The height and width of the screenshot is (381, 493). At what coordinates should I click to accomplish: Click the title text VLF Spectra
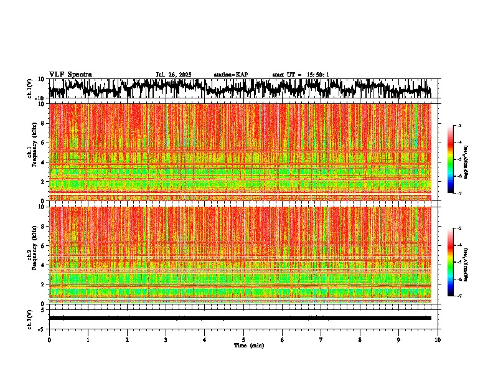[x=70, y=74]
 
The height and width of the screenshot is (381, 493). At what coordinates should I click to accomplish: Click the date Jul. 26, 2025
[x=174, y=75]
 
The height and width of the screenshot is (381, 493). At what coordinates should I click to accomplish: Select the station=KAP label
[x=230, y=75]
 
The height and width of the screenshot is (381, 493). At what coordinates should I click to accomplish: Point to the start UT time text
[x=301, y=75]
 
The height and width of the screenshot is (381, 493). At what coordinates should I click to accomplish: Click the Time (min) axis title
[x=248, y=345]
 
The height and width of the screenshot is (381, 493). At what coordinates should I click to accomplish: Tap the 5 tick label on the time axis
[x=243, y=340]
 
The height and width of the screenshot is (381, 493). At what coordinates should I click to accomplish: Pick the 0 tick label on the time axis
[x=49, y=340]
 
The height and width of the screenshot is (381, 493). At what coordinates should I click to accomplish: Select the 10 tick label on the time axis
[x=438, y=340]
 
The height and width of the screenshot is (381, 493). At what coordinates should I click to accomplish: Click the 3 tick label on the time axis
[x=166, y=340]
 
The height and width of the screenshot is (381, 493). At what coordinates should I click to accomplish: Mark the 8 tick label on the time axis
[x=360, y=340]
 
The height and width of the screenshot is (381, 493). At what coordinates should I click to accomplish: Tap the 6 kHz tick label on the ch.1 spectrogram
[x=43, y=143]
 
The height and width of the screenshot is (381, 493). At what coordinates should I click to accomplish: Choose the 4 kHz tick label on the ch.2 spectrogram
[x=43, y=265]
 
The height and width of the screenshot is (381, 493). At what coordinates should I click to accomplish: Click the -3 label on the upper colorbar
[x=459, y=126]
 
